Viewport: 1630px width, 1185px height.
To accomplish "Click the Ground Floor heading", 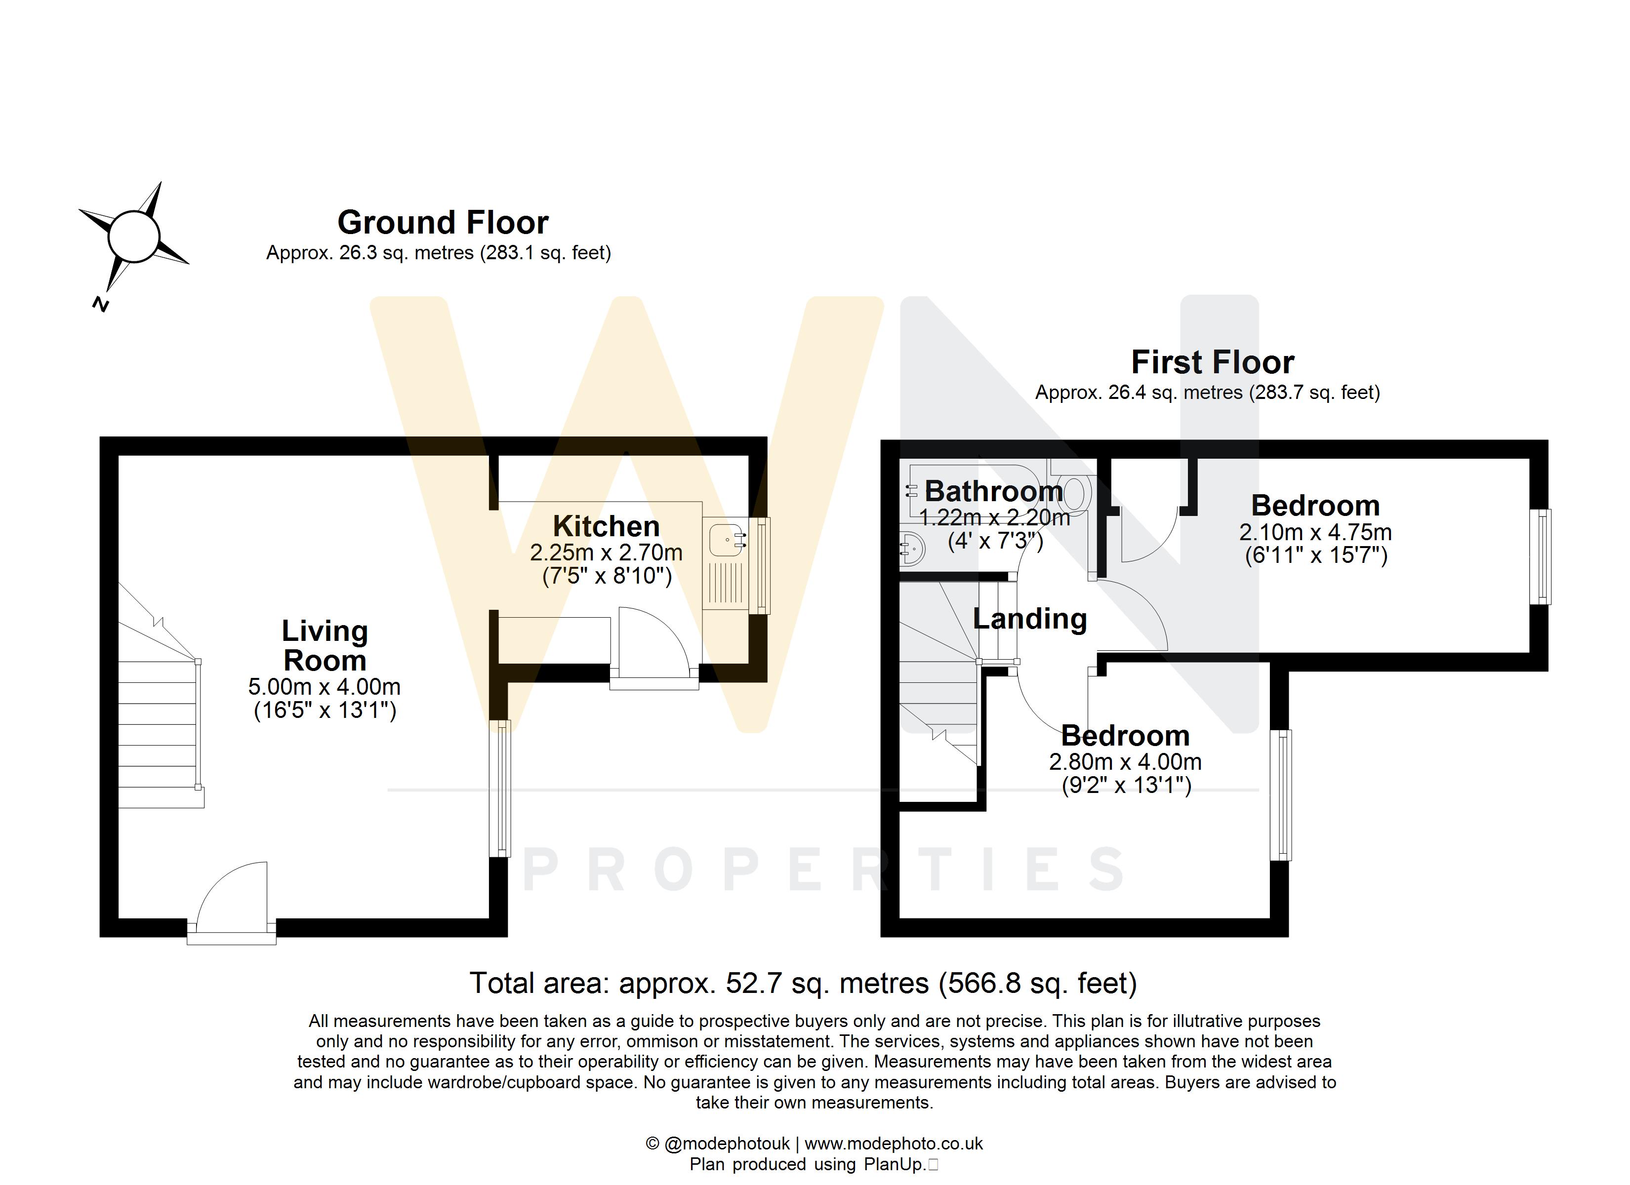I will pyautogui.click(x=443, y=223).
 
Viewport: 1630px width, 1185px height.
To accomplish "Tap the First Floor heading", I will pyautogui.click(x=1213, y=362).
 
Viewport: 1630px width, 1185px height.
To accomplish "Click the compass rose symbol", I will pyautogui.click(x=134, y=237).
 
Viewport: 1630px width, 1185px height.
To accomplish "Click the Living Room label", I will pyautogui.click(x=325, y=645).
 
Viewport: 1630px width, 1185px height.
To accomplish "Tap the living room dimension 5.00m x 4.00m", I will pyautogui.click(x=325, y=687).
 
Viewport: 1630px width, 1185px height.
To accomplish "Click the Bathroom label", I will pyautogui.click(x=993, y=492).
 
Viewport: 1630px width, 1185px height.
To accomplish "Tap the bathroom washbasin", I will pyautogui.click(x=911, y=549).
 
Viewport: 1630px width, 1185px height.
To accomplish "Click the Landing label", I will pyautogui.click(x=1029, y=619).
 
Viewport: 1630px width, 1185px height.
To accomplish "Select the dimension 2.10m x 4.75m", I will pyautogui.click(x=1315, y=532).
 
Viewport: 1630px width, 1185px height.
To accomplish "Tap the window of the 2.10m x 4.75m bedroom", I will pyautogui.click(x=1540, y=557).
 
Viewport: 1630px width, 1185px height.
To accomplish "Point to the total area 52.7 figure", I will pyautogui.click(x=752, y=983).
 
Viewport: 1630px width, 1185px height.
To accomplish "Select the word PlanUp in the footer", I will pyautogui.click(x=894, y=1165).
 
